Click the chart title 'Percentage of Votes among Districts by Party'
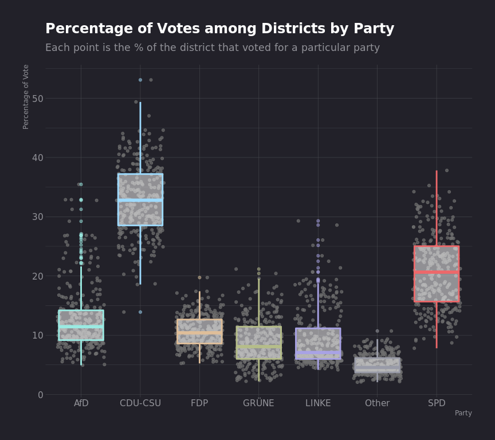pyautogui.click(x=219, y=29)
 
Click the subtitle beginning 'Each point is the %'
pyautogui.click(x=212, y=48)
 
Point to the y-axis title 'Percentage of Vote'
pyautogui.click(x=26, y=96)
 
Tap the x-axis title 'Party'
pyautogui.click(x=463, y=413)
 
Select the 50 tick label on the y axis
pyautogui.click(x=38, y=99)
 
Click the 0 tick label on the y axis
pyautogui.click(x=41, y=395)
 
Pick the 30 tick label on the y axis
pyautogui.click(x=38, y=217)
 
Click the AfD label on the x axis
pyautogui.click(x=81, y=403)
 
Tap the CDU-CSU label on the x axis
pyautogui.click(x=140, y=403)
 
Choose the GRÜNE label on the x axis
pyautogui.click(x=258, y=403)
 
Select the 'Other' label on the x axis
pyautogui.click(x=377, y=403)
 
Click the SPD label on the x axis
pyautogui.click(x=437, y=403)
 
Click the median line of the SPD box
pyautogui.click(x=437, y=272)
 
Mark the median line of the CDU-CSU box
pyautogui.click(x=140, y=201)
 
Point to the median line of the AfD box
pyautogui.click(x=81, y=326)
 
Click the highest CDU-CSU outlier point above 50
pyautogui.click(x=140, y=80)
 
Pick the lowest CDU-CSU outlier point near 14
pyautogui.click(x=140, y=312)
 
